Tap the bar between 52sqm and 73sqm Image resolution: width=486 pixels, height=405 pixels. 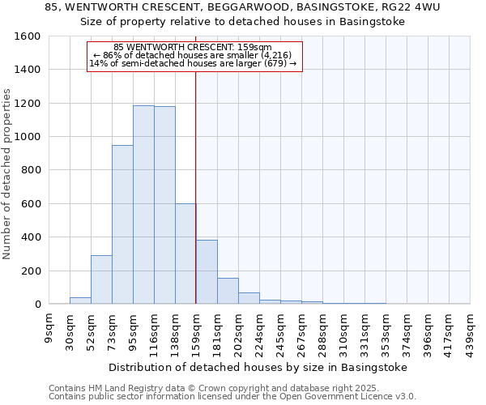point(101,279)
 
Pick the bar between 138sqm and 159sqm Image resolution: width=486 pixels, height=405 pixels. point(185,254)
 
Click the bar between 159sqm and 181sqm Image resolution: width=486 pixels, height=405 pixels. point(207,272)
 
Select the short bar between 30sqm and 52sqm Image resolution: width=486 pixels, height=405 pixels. point(80,301)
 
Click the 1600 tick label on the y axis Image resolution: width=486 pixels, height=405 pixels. point(28,36)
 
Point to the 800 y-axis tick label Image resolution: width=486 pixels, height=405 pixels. point(31,170)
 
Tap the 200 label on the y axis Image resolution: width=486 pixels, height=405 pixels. point(31,271)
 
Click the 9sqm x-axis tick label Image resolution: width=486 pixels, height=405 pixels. point(49,327)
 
